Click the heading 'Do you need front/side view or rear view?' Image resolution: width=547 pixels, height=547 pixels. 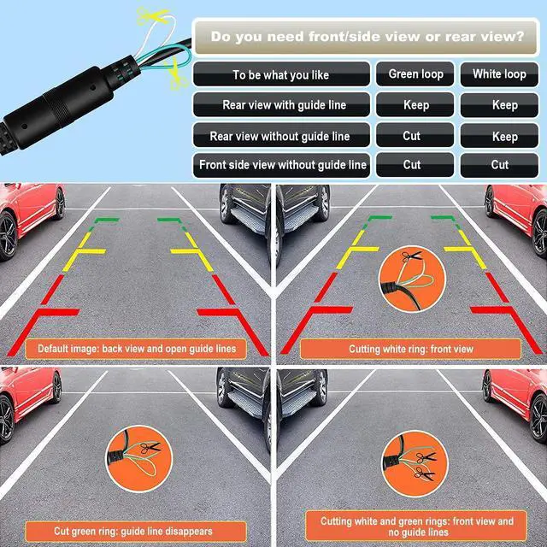[x=368, y=37]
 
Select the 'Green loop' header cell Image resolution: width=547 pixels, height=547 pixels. [x=415, y=74]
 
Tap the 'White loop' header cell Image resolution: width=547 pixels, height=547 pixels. [x=500, y=74]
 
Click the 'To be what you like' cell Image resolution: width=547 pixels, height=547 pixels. [x=280, y=75]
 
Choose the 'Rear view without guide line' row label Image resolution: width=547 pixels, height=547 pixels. [x=280, y=136]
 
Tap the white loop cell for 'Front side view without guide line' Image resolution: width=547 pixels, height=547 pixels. [x=500, y=165]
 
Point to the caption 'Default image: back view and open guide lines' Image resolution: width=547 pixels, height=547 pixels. [x=136, y=349]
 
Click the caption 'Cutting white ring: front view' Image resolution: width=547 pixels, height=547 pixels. [x=411, y=350]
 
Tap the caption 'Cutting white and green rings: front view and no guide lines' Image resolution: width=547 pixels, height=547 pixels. [x=417, y=526]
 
